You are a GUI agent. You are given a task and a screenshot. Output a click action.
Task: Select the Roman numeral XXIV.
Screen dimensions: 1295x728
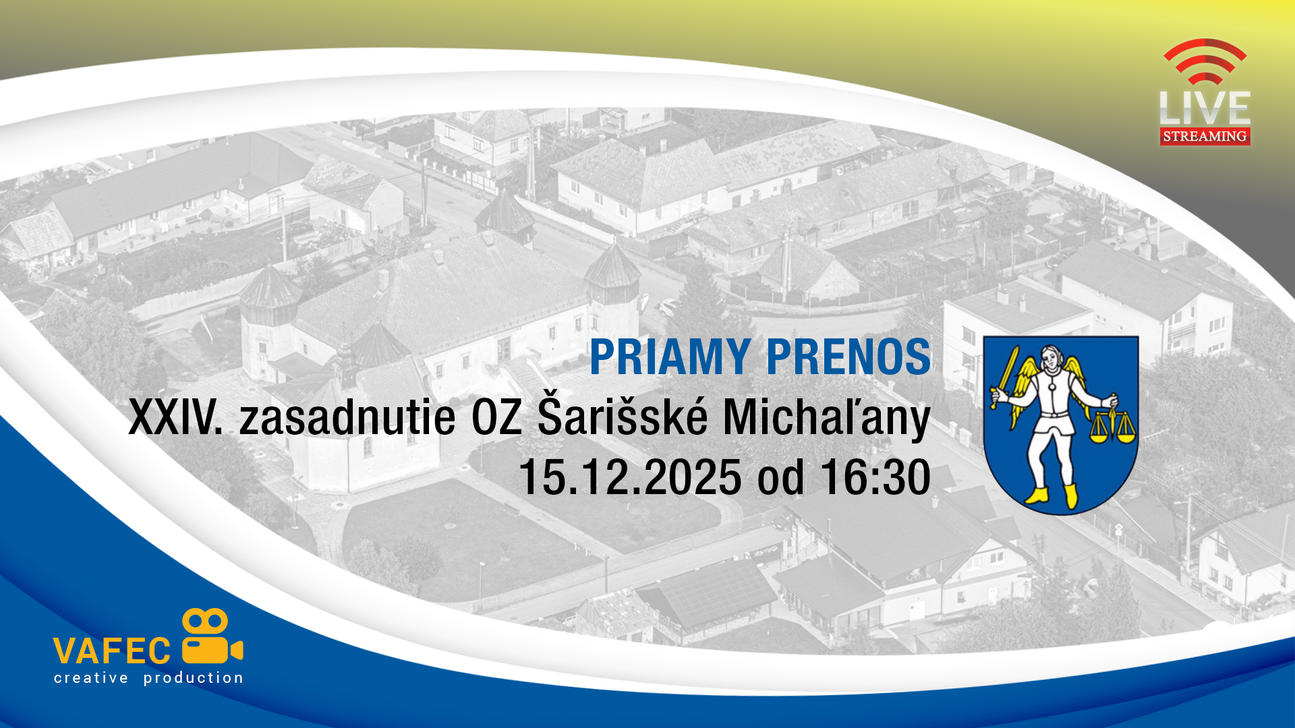pyautogui.click(x=175, y=417)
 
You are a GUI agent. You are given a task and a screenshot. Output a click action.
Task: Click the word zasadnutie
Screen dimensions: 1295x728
pyautogui.click(x=347, y=417)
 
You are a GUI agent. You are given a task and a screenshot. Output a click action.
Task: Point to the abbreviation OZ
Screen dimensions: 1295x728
pyautogui.click(x=496, y=417)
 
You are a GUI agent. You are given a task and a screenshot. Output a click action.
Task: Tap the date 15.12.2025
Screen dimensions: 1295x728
pyautogui.click(x=630, y=477)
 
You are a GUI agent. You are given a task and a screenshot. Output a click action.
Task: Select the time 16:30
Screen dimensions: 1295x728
pyautogui.click(x=875, y=477)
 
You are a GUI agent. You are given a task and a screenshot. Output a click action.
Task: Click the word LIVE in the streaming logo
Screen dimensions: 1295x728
pyautogui.click(x=1205, y=108)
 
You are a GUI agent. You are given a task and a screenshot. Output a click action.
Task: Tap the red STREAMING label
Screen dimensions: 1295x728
pyautogui.click(x=1205, y=136)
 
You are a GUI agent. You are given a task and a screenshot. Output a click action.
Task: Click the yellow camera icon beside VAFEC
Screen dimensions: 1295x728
pyautogui.click(x=212, y=636)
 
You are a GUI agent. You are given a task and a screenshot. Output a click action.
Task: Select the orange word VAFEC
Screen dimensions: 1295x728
pyautogui.click(x=112, y=651)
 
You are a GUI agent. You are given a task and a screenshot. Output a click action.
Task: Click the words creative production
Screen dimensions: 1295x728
pyautogui.click(x=148, y=678)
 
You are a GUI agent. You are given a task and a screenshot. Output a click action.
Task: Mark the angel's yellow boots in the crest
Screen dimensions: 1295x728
pyautogui.click(x=1052, y=495)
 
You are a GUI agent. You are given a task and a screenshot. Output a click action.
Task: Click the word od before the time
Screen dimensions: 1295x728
pyautogui.click(x=781, y=477)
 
